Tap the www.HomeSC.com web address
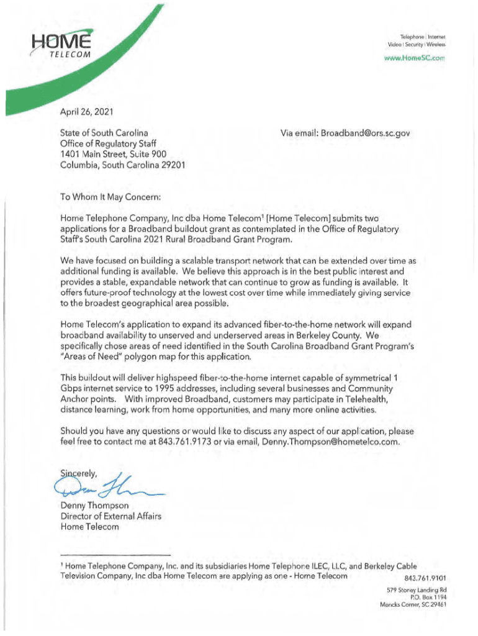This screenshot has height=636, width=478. click(x=416, y=59)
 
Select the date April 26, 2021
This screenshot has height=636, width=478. click(x=86, y=112)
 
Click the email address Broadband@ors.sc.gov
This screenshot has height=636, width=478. click(x=366, y=133)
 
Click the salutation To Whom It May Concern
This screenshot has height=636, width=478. click(x=110, y=198)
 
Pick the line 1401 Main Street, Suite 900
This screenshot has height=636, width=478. click(x=113, y=154)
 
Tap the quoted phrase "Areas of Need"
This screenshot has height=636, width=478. click(x=91, y=357)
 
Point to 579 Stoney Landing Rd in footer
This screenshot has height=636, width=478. click(x=415, y=589)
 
